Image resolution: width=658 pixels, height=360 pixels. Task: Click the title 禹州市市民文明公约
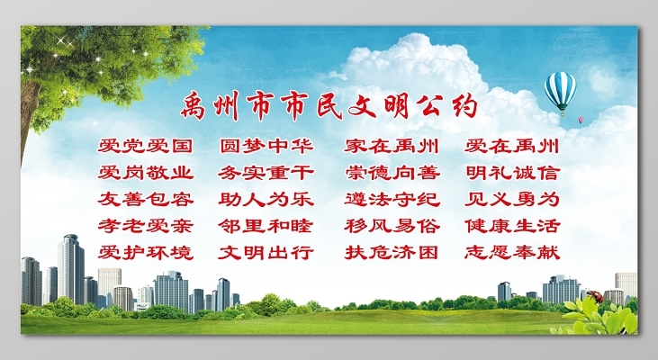click(x=329, y=106)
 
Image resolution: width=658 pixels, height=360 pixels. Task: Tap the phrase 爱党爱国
click(x=145, y=146)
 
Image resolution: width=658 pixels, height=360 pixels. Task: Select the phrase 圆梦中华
click(x=266, y=146)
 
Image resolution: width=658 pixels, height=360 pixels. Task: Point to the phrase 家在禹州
click(x=392, y=146)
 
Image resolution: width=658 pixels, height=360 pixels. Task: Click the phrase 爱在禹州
click(x=512, y=146)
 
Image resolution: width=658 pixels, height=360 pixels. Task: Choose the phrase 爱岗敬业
click(x=145, y=173)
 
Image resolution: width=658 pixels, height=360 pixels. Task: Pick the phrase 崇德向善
click(x=392, y=173)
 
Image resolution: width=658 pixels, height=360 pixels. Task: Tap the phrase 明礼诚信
click(x=512, y=173)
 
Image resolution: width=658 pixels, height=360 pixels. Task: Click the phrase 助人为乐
click(x=266, y=199)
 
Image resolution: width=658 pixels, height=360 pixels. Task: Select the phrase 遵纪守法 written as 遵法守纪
click(x=392, y=199)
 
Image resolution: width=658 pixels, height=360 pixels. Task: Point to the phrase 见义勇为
click(x=512, y=199)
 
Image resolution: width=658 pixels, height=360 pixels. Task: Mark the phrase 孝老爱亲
click(x=145, y=226)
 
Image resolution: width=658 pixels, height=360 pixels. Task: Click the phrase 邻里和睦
click(x=266, y=226)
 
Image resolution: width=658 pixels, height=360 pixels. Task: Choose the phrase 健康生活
click(x=512, y=226)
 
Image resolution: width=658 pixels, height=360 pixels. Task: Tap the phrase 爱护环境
click(x=145, y=252)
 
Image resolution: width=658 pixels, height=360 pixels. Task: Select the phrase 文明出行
click(x=266, y=252)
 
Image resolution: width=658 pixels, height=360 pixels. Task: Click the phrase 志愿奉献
click(x=512, y=252)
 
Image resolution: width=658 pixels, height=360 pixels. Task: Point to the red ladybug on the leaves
click(x=596, y=297)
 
